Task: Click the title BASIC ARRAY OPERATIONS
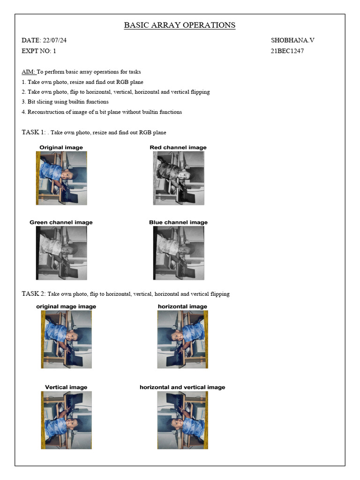pyautogui.click(x=180, y=25)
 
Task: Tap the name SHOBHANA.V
pyautogui.click(x=292, y=40)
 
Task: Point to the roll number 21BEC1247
pyautogui.click(x=287, y=51)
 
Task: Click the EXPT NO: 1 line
pyautogui.click(x=39, y=51)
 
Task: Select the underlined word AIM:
pyautogui.click(x=29, y=72)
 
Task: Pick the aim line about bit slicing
pyautogui.click(x=65, y=102)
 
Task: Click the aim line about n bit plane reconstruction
pyautogui.click(x=102, y=112)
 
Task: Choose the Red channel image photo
pyautogui.click(x=179, y=178)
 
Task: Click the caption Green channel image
pyautogui.click(x=61, y=222)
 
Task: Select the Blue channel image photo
pyautogui.click(x=179, y=253)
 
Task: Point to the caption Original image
pyautogui.click(x=61, y=148)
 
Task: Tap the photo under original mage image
pyautogui.click(x=66, y=339)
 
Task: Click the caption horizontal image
pyautogui.click(x=182, y=307)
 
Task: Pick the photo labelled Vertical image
pyautogui.click(x=66, y=420)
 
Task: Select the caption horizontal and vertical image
pyautogui.click(x=182, y=387)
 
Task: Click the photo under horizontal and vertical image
pyautogui.click(x=182, y=420)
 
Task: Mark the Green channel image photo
pyautogui.click(x=61, y=253)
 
